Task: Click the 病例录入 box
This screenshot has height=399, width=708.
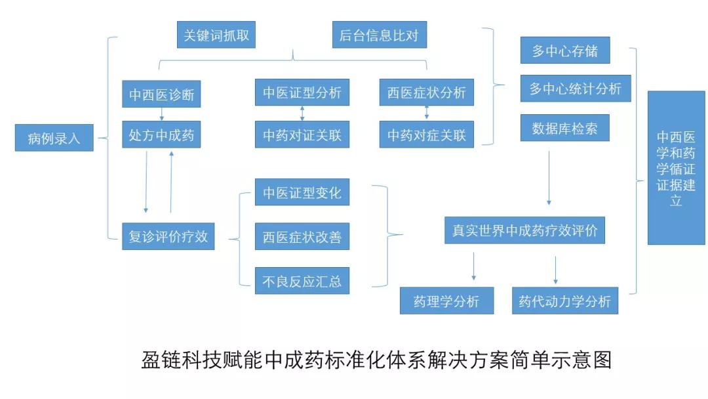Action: pyautogui.click(x=54, y=138)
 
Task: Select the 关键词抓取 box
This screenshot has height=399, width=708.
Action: pyautogui.click(x=216, y=35)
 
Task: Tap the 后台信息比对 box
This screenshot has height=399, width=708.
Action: pyautogui.click(x=379, y=35)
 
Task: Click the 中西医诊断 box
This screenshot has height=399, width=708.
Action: pyautogui.click(x=161, y=94)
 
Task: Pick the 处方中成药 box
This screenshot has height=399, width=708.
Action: pyautogui.click(x=161, y=135)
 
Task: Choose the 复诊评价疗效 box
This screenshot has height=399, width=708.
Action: pyautogui.click(x=168, y=236)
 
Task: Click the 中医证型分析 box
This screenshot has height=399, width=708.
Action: pyautogui.click(x=302, y=93)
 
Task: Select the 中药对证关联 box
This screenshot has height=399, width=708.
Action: pyautogui.click(x=302, y=135)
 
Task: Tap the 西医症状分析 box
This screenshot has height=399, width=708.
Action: pyautogui.click(x=426, y=93)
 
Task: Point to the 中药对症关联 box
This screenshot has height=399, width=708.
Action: pyautogui.click(x=426, y=135)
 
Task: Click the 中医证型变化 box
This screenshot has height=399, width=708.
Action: pyautogui.click(x=302, y=192)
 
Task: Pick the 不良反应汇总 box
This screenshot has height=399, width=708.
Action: pyautogui.click(x=302, y=281)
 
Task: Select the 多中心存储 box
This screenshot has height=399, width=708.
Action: pyautogui.click(x=564, y=51)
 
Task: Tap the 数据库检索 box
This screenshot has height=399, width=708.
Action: pyautogui.click(x=564, y=128)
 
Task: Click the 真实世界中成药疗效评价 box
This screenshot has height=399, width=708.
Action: pyautogui.click(x=524, y=230)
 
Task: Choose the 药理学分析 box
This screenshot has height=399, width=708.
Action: pyautogui.click(x=446, y=301)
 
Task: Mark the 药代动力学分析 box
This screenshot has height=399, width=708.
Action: pyautogui.click(x=564, y=301)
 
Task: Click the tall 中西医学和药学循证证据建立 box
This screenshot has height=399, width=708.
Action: pyautogui.click(x=676, y=168)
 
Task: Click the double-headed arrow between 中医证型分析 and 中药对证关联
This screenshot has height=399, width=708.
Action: pyautogui.click(x=302, y=114)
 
